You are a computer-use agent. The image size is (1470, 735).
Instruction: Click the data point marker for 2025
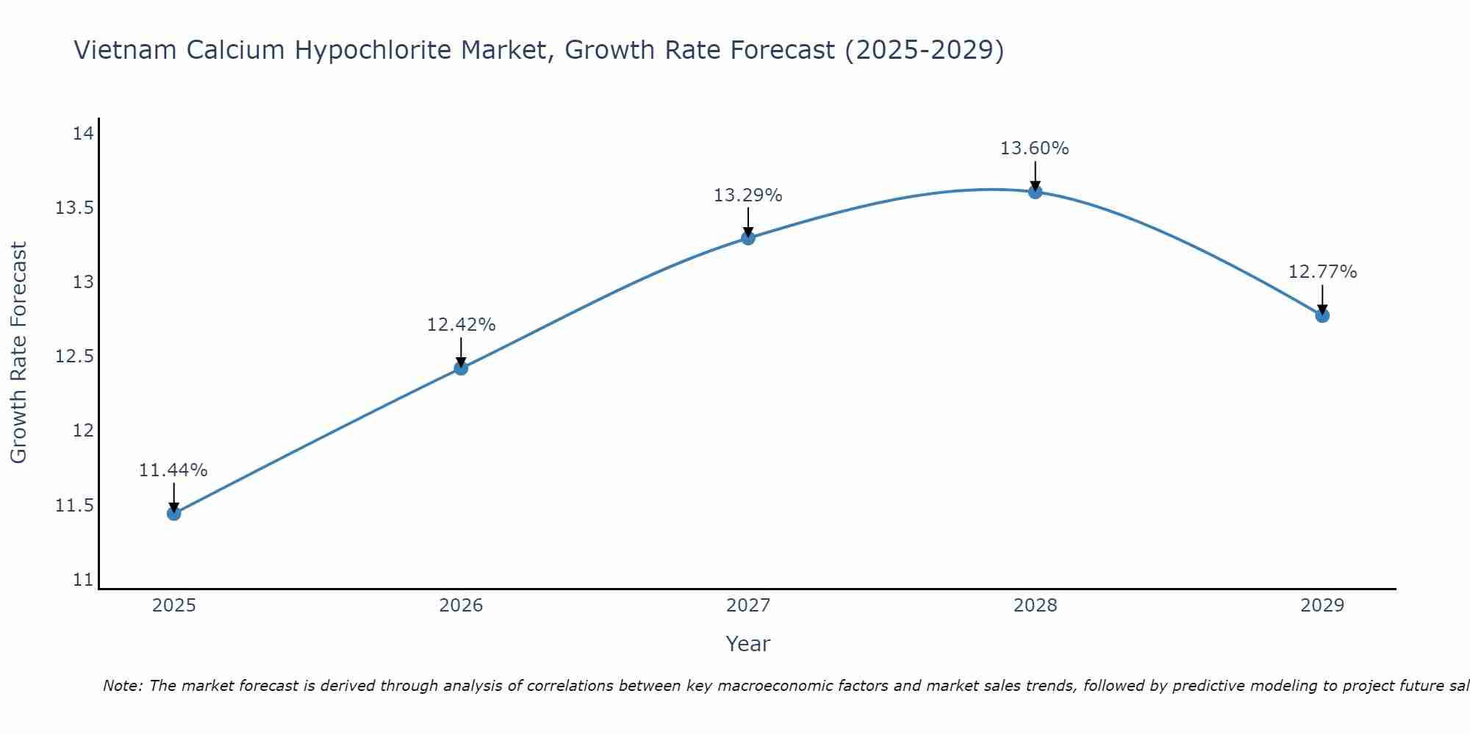click(174, 513)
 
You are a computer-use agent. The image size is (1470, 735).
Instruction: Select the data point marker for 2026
click(461, 367)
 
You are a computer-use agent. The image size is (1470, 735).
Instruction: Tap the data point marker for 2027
click(748, 237)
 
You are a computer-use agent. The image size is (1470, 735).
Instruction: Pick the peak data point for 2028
click(1035, 192)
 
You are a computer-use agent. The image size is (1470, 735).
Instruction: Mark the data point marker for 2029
click(1322, 315)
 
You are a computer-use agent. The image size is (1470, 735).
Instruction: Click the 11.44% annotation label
click(173, 470)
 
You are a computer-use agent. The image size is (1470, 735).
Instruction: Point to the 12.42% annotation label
click(461, 325)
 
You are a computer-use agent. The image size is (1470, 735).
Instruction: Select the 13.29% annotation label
click(748, 196)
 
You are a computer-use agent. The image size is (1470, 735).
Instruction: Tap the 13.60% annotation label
click(1035, 148)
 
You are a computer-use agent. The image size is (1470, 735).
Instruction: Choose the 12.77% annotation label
click(1322, 272)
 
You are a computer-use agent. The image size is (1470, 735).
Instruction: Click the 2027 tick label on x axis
click(748, 606)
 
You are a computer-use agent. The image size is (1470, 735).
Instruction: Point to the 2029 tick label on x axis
click(1322, 606)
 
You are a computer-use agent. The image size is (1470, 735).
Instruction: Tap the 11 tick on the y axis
click(84, 580)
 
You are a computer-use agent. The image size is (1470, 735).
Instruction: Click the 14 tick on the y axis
click(84, 134)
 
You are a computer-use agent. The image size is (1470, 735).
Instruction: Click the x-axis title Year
click(748, 644)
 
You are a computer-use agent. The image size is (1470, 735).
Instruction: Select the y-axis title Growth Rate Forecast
click(19, 353)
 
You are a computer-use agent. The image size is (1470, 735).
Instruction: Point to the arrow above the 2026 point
click(461, 351)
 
